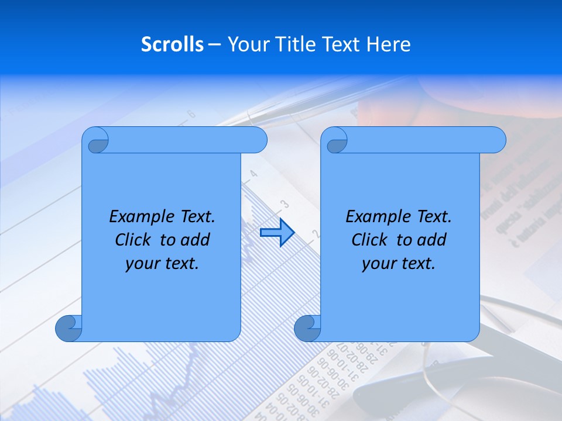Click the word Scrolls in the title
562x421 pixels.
click(172, 44)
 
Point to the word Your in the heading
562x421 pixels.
click(246, 44)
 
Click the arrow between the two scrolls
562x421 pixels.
click(277, 233)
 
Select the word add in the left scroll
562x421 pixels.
click(196, 240)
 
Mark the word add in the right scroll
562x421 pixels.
click(432, 240)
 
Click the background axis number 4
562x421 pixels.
click(253, 174)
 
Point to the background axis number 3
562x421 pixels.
click(285, 204)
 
